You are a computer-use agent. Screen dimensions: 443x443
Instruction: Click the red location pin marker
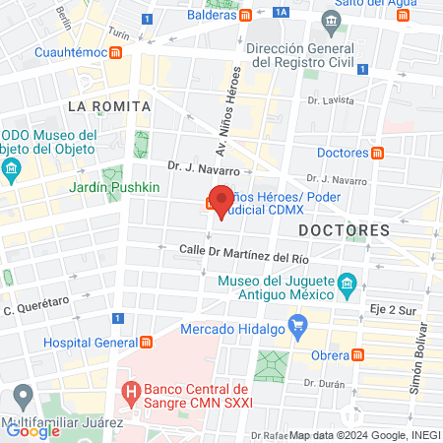[x=222, y=201]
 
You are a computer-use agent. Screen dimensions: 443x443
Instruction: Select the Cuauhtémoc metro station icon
[x=116, y=51]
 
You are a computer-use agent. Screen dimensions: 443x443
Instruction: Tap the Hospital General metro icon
[x=147, y=342]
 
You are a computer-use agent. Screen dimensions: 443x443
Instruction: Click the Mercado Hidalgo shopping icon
[x=300, y=324]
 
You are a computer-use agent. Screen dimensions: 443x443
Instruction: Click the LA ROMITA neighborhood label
[x=108, y=105]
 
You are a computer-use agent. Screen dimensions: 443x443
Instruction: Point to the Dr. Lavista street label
[x=328, y=100]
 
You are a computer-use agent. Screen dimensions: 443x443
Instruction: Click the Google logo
[x=32, y=429]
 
